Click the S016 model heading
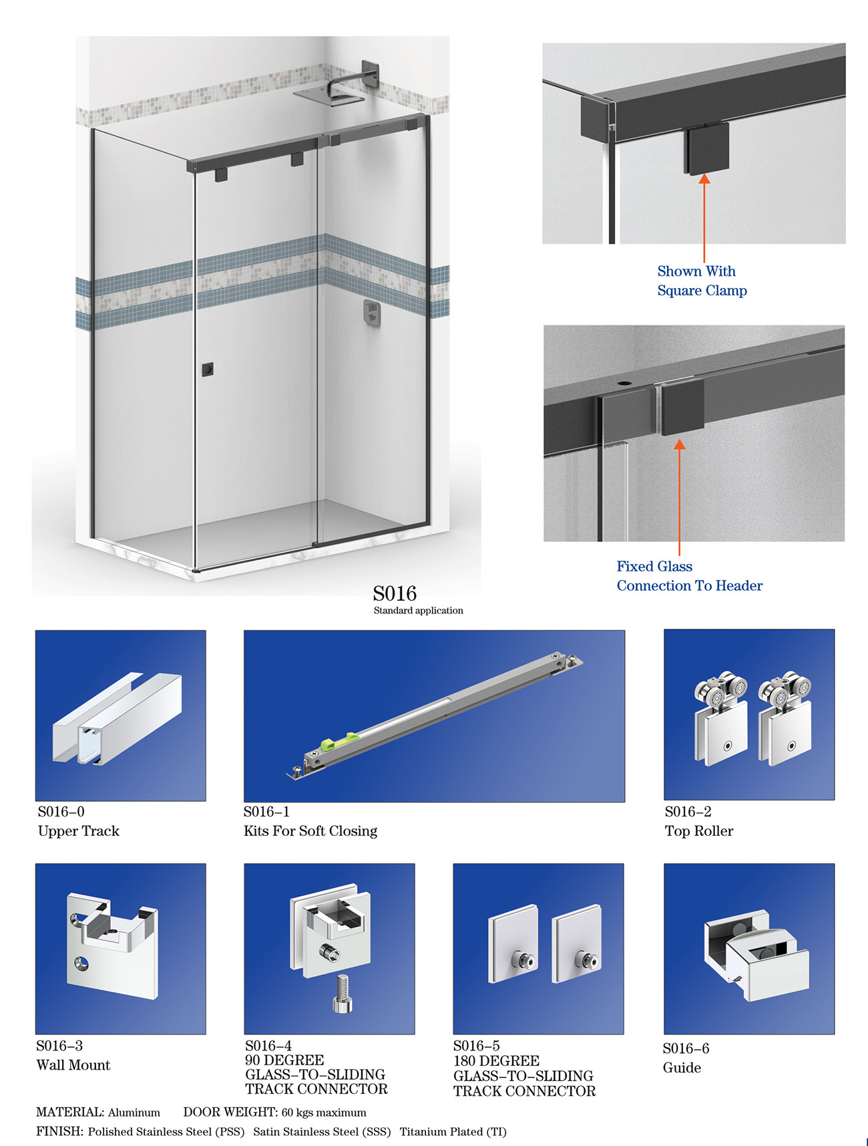pos(395,593)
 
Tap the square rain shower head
pos(328,95)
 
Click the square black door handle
pos(208,369)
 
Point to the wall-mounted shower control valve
pos(373,313)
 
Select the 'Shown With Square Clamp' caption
pos(702,281)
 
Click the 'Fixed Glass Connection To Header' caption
pos(689,576)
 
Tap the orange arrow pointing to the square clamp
pos(704,218)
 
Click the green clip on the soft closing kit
pos(339,741)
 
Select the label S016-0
pos(61,812)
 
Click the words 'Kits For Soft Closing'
pos(310,831)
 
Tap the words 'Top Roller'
pos(699,831)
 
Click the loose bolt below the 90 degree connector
pos(342,994)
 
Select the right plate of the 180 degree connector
pos(577,944)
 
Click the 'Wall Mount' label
pos(73,1065)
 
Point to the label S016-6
pos(686,1048)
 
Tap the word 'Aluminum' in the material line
pos(134,1113)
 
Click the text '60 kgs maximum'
pos(324,1113)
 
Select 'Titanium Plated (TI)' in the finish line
pos(453,1132)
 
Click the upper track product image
pos(121,716)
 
